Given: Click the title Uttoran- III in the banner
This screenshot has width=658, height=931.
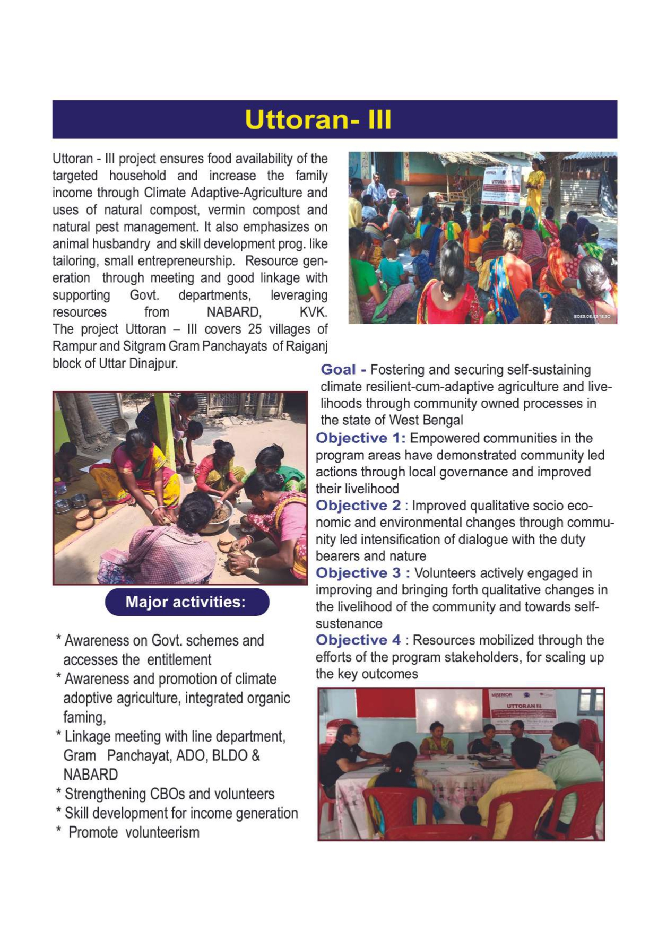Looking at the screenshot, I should point(318,120).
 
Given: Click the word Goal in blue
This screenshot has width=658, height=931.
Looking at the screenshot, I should point(338,370).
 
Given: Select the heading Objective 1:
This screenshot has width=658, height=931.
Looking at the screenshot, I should point(360,438).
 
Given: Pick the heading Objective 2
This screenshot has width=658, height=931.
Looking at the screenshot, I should point(358,506).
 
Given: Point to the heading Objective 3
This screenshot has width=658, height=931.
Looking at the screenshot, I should point(358,573).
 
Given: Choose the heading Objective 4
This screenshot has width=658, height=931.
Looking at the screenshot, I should point(358,640).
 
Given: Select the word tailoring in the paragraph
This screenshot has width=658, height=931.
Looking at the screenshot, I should point(75,261).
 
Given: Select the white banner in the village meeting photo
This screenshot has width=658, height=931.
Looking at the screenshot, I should point(500,186).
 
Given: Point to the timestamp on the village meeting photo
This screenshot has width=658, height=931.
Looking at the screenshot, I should point(592,317).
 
